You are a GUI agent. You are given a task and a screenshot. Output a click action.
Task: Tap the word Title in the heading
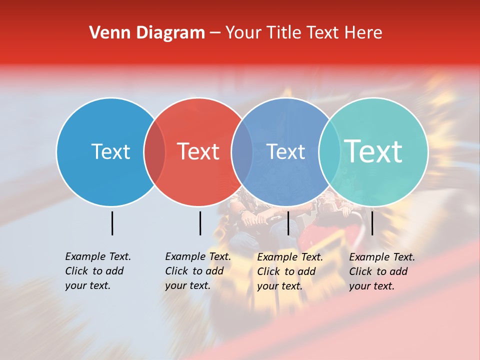point(284,33)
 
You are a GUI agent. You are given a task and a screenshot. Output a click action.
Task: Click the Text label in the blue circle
point(110,151)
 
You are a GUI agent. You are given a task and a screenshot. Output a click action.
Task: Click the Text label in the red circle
point(198,151)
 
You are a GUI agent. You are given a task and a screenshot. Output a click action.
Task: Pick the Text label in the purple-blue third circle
point(286,151)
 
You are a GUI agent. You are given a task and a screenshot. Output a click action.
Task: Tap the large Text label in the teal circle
point(373,151)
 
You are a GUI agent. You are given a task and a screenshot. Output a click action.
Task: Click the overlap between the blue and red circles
point(154,151)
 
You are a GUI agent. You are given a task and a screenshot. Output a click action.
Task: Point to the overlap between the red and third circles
point(242,151)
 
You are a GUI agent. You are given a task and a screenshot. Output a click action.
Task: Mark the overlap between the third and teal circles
point(329,151)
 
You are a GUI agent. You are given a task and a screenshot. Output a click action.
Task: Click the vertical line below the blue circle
point(112,223)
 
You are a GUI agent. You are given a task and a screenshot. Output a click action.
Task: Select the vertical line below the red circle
point(200,223)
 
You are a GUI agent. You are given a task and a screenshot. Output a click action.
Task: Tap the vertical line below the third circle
point(288,223)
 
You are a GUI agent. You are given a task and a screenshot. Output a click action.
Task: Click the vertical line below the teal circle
point(372,223)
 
